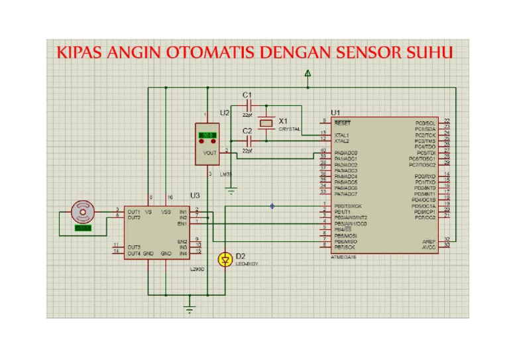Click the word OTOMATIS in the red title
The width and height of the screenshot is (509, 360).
208,52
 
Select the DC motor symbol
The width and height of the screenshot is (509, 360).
84,212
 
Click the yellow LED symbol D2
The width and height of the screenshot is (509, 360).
225,258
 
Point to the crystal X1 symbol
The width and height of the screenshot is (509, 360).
266,123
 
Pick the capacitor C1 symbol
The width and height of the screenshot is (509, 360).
249,105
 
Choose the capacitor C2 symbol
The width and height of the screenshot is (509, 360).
249,141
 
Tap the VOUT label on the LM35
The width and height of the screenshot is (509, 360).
210,152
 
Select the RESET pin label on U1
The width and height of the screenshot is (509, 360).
342,123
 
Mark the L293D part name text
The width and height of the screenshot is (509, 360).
197,270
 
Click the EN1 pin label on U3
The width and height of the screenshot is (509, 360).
182,223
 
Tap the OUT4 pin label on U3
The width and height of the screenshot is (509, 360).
133,253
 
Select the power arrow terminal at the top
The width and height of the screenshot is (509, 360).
308,74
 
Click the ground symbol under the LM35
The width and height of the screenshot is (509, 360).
231,192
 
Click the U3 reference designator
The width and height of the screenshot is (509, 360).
195,196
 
